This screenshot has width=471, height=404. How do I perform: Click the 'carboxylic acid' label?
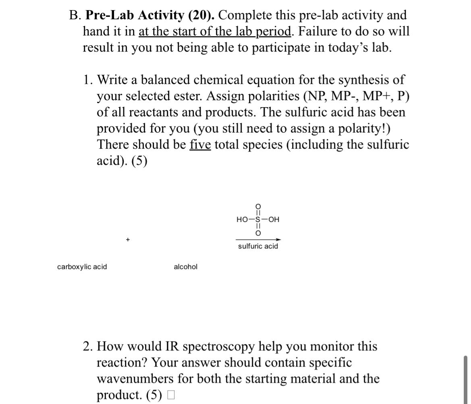coord(82,267)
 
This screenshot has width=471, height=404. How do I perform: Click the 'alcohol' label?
coord(185,267)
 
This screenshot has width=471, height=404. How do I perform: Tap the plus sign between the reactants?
coord(127,240)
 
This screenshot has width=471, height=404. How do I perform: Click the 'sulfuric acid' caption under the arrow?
coord(258,246)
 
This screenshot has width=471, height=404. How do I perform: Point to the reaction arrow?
coord(258,240)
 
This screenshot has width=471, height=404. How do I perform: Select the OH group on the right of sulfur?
coord(273,220)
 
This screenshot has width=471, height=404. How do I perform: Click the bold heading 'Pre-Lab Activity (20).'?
coord(150,15)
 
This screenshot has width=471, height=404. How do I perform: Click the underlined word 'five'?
coord(200,145)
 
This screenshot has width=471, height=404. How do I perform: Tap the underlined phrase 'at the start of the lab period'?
coord(215,31)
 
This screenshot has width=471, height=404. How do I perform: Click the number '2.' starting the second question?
coord(89,346)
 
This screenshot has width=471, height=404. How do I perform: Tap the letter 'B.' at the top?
coord(75,15)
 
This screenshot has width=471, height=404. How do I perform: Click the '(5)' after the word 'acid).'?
coord(139,161)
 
